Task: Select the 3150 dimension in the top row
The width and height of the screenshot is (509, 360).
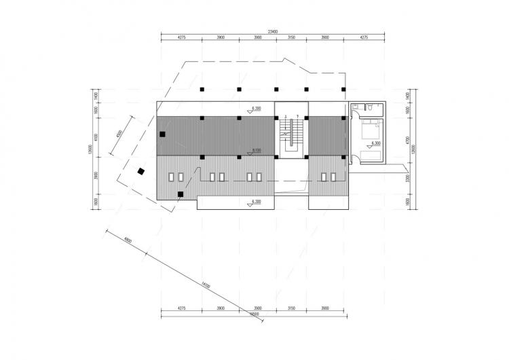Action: coord(290,37)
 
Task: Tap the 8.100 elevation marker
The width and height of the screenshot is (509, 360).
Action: coord(257,149)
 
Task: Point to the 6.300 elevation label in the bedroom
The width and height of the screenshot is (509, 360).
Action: coord(376,144)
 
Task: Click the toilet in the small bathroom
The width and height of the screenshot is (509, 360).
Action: coord(365,107)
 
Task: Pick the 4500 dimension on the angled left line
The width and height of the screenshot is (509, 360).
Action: coord(119,133)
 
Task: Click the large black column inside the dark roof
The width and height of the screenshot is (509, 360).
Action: coord(162,134)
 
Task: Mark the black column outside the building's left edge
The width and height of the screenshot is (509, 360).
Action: coord(140,172)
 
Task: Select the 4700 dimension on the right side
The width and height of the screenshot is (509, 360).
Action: coord(406,140)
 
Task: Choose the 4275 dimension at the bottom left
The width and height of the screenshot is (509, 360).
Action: coord(181,308)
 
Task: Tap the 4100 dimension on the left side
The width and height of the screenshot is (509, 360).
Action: coord(96,137)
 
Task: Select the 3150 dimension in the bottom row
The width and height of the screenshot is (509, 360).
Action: coord(290,308)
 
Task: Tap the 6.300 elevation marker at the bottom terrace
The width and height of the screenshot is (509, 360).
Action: coord(257,202)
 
